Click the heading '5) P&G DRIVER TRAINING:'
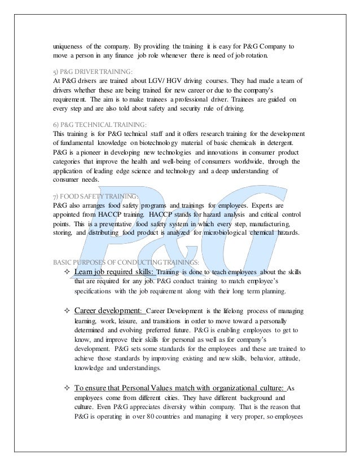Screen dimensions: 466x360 [92, 72]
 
